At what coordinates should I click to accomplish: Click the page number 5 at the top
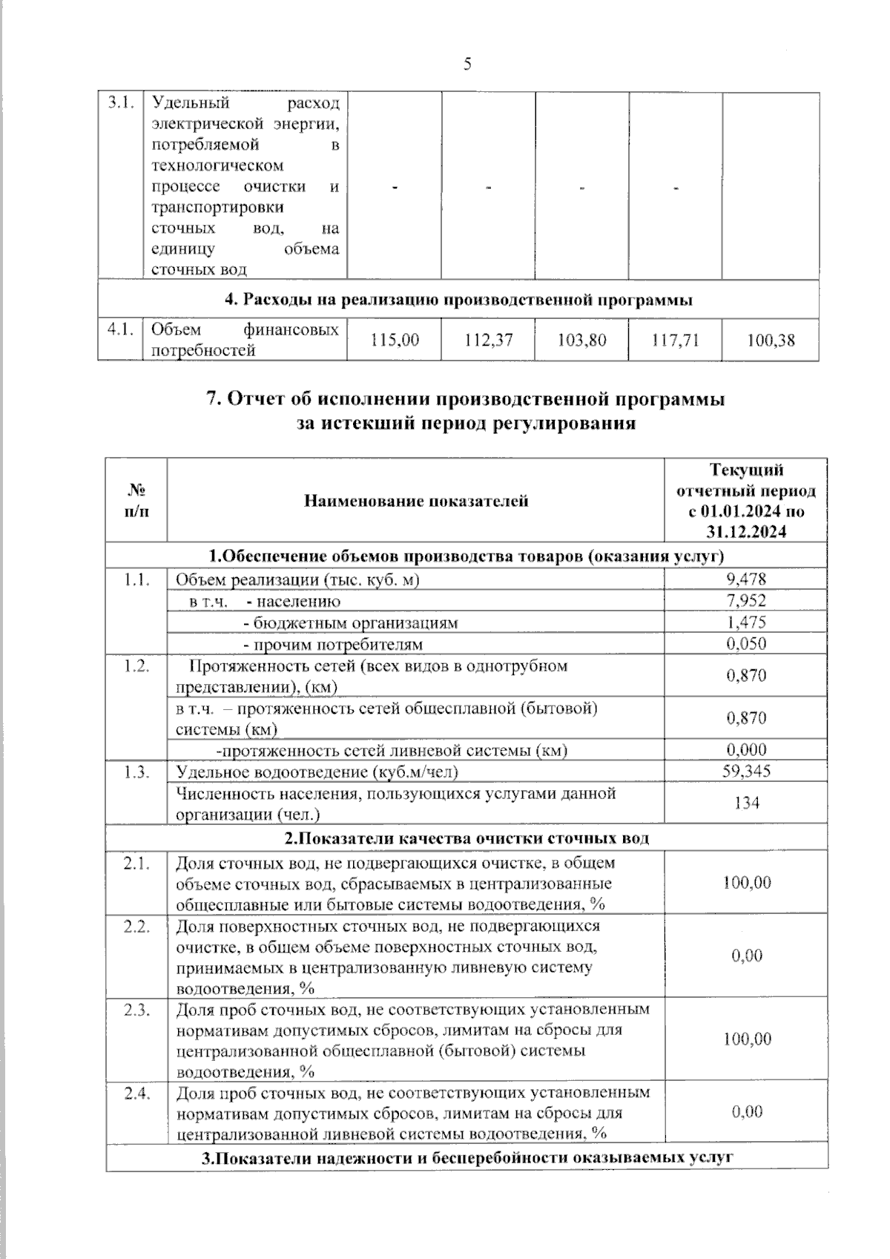coord(467,65)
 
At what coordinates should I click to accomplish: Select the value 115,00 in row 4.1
coord(395,340)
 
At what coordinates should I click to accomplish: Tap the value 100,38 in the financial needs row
coord(771,340)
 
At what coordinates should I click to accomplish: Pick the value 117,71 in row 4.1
coord(676,340)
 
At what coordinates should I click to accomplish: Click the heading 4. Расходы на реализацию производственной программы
coord(458,300)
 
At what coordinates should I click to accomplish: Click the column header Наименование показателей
coord(415,501)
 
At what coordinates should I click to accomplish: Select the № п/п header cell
coord(136,501)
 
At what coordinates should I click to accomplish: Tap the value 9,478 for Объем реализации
coord(746,579)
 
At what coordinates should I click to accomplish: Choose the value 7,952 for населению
coord(746,600)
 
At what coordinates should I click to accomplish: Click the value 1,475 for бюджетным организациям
coord(746,622)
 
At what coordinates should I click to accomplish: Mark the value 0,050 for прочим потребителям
coord(746,643)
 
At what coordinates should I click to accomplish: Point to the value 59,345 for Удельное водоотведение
coord(746,771)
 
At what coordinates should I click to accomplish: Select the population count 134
coord(746,803)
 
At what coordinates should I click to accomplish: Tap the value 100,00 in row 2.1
coord(746,882)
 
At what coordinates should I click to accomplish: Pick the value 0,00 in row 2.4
coord(746,1111)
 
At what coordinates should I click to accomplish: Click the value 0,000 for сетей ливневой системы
coord(746,749)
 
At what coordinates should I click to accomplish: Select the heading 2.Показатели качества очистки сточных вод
coord(467,838)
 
